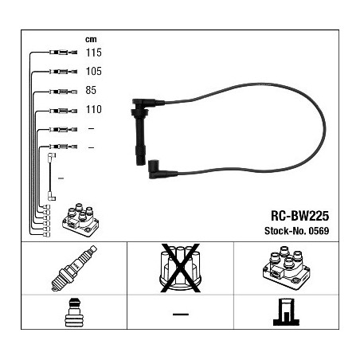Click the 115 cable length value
[94, 53]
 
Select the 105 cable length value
[94, 71]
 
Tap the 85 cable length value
[91, 90]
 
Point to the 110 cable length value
[94, 109]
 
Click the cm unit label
[91, 40]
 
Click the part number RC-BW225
[300, 216]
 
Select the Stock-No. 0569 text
[297, 231]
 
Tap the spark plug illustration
[74, 268]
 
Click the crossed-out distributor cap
[180, 268]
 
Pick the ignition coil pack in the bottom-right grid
[286, 268]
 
